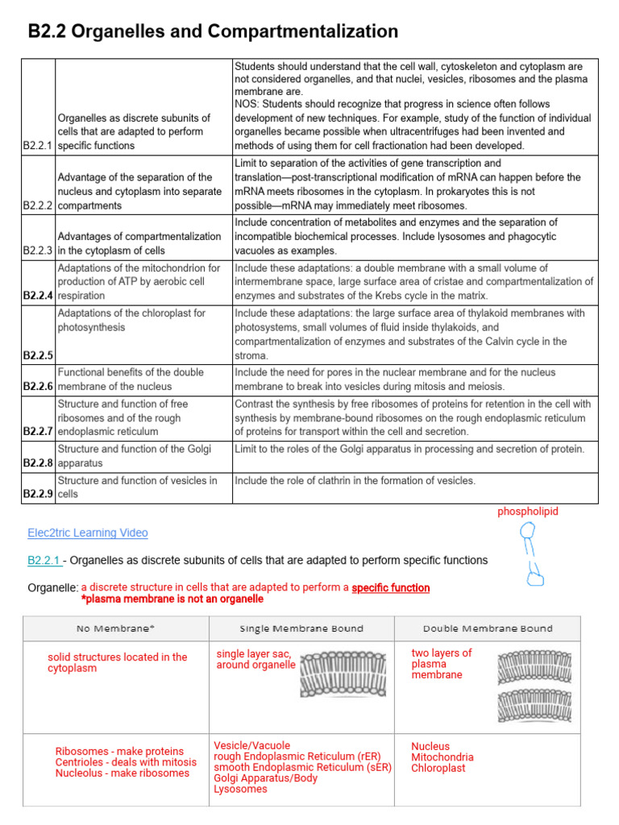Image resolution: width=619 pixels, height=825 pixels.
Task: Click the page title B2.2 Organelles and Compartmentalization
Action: click(213, 31)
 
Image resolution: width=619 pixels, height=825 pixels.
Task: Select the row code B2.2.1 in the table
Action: click(38, 146)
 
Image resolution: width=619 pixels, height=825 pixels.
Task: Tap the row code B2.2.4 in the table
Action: click(38, 296)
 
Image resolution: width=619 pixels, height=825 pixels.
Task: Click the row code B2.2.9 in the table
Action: click(38, 494)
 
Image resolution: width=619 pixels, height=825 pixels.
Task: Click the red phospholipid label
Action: click(527, 512)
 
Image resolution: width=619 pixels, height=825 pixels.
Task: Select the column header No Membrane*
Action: click(115, 628)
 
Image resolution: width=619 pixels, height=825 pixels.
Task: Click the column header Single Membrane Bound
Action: click(301, 628)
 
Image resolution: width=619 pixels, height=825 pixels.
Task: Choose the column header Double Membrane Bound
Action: click(488, 628)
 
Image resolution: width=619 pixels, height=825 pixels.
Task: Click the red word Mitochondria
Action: click(442, 757)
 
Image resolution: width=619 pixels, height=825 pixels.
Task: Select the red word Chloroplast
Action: click(438, 769)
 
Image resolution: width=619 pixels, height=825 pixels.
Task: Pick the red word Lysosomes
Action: click(240, 790)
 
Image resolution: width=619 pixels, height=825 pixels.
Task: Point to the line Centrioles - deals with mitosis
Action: click(126, 762)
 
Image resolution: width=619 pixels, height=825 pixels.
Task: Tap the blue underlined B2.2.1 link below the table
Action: click(45, 560)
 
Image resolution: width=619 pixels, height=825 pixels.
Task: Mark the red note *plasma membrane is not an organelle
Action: click(172, 599)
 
